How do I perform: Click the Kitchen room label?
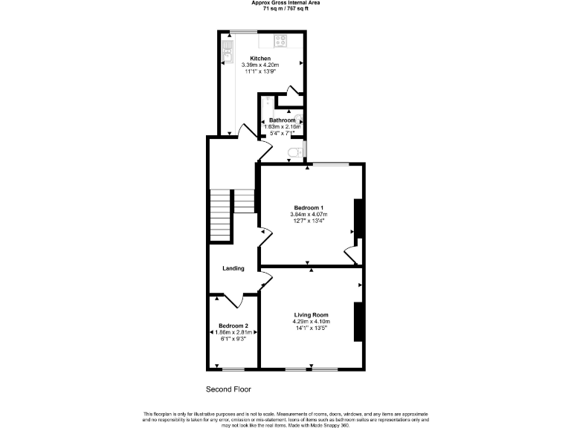(260, 58)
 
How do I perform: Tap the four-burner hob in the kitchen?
(282, 41)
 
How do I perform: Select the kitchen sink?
(228, 49)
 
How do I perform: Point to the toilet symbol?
(295, 152)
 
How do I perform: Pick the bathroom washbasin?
(298, 119)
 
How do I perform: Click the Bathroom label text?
(282, 120)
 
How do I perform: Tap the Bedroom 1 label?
(308, 207)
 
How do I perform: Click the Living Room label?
(311, 314)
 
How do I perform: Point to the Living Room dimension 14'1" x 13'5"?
(311, 328)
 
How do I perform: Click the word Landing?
(233, 268)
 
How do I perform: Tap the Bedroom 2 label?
(233, 326)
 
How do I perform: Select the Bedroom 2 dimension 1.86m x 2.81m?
(233, 332)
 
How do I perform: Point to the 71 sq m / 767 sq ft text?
(285, 8)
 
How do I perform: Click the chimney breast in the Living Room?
(358, 321)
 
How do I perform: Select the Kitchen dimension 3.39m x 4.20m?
(260, 65)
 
